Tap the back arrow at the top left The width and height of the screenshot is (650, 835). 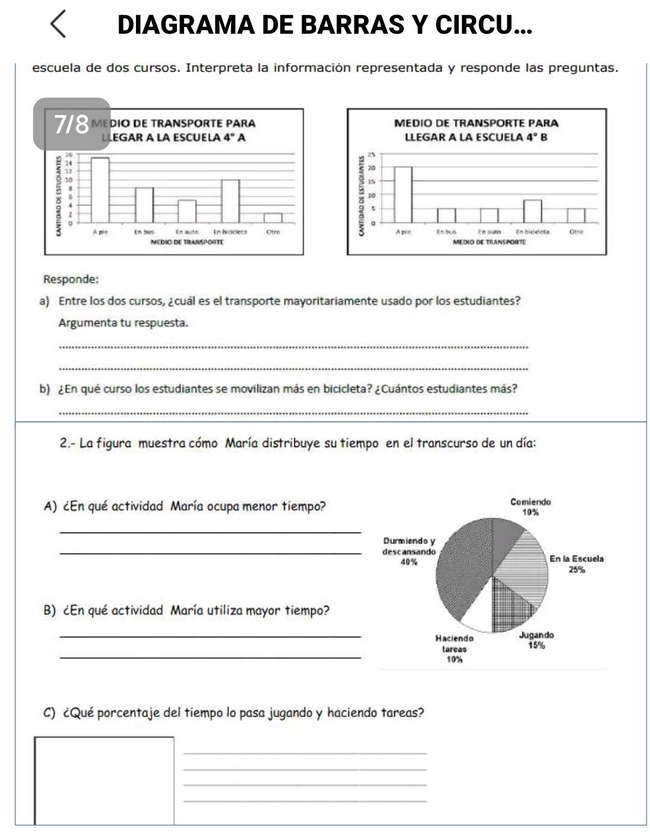pos(58,25)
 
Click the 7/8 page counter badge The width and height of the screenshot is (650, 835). pos(72,124)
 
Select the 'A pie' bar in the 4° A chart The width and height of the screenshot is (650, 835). pos(100,190)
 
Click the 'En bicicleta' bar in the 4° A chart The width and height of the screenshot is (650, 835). pos(230,201)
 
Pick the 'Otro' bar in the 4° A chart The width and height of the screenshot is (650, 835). pos(273,217)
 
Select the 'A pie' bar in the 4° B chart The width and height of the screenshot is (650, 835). pos(403,195)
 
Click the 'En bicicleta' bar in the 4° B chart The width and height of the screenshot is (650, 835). pos(532,211)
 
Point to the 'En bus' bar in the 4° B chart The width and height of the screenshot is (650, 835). pos(446,215)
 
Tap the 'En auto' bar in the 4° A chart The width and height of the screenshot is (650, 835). pos(187,211)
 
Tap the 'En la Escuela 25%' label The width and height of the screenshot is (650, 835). pos(577,563)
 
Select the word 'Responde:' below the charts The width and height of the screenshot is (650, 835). pos(71,280)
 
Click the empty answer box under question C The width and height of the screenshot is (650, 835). pos(104,780)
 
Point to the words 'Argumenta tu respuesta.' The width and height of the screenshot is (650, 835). pos(123,322)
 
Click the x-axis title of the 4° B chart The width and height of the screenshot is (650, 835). pos(489,242)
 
